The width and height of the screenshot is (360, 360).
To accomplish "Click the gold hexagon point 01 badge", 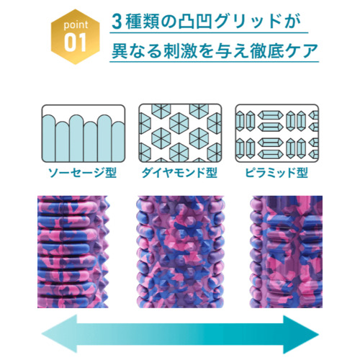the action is (x=76, y=37).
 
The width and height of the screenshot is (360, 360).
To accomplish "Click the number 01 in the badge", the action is (x=75, y=42).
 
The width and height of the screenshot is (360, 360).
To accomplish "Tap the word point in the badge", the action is (x=76, y=25).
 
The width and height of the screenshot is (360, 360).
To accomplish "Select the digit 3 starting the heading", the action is (x=117, y=22).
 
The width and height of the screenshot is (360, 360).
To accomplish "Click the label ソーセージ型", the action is (x=82, y=173).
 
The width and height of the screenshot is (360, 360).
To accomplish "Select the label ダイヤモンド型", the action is (x=179, y=173).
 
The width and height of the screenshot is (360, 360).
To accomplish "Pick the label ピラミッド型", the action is (x=276, y=173).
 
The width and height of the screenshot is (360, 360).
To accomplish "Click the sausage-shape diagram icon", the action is (x=84, y=133).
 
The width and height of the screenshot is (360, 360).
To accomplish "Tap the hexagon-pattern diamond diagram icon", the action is (x=180, y=133).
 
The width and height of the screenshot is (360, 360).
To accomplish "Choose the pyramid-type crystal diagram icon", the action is (x=277, y=133).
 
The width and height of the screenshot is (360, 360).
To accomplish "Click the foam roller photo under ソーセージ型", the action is (x=73, y=252).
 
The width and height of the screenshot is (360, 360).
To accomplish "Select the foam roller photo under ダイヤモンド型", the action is (x=181, y=252).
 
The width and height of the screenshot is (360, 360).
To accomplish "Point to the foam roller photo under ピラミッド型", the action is (x=286, y=252).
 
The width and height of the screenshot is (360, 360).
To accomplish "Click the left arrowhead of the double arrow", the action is (x=60, y=334).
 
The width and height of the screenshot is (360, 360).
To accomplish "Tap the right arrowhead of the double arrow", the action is (x=301, y=334).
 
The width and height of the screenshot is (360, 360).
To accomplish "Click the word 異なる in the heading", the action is (x=137, y=51).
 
